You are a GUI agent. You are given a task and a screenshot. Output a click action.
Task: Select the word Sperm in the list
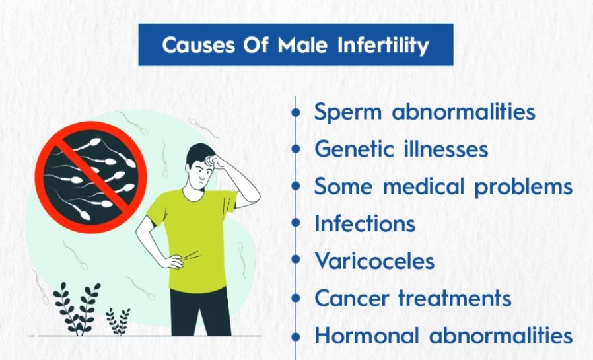click(347, 112)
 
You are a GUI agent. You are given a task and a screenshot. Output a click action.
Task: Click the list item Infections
click(365, 223)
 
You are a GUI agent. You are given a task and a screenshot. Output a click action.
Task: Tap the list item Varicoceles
click(374, 261)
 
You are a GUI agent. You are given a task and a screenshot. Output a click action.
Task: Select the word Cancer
click(351, 298)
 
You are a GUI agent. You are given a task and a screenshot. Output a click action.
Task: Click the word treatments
click(455, 298)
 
